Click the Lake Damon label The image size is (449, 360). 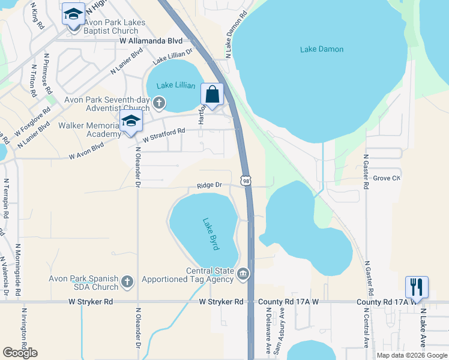[x=322, y=49]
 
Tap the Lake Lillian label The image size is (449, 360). [x=176, y=85]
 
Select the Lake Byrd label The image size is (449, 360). [x=211, y=233]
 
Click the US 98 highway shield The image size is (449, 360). [x=246, y=180]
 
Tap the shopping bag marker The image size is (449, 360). [x=212, y=95]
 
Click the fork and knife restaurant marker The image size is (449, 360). [x=417, y=287]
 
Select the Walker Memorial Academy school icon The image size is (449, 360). [x=131, y=121]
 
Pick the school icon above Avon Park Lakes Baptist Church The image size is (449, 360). [x=73, y=14]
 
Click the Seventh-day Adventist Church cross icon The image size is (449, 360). [x=159, y=103]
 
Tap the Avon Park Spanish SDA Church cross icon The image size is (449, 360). [x=127, y=280]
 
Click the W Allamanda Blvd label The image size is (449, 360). [x=150, y=41]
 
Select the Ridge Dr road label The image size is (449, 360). [x=209, y=186]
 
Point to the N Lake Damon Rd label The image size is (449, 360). [x=236, y=35]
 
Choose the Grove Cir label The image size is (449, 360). [x=387, y=178]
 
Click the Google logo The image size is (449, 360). [x=20, y=353]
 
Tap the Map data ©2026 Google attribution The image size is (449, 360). [x=412, y=355]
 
